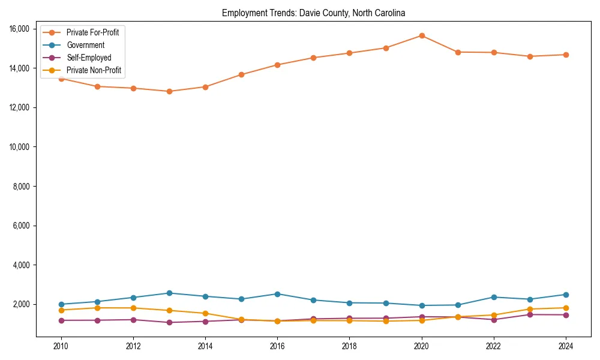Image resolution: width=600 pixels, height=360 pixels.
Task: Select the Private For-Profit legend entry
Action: point(92,32)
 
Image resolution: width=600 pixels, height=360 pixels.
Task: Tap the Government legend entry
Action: point(85,45)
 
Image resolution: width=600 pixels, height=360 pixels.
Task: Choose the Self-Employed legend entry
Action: point(89,58)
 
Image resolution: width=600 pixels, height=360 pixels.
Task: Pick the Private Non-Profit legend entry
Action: point(94,70)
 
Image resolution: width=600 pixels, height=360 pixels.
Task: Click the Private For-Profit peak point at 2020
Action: point(422,35)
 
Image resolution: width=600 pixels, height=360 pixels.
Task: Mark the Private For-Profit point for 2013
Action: point(169,91)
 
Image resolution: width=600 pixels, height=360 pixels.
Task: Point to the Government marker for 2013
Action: point(169,293)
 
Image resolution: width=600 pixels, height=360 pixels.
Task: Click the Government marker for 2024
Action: point(566,295)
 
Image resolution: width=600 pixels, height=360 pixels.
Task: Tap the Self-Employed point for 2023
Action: point(530,314)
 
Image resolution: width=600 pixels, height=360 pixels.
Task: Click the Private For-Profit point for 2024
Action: point(566,55)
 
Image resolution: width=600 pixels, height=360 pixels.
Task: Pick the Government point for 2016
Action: point(277,294)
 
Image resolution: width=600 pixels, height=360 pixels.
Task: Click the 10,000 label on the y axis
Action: point(20,147)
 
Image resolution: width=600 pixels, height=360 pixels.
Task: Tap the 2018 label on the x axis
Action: point(349,346)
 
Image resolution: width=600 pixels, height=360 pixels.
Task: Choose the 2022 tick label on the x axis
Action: point(494,346)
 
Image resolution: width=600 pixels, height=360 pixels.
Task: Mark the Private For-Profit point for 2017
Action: point(313,58)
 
